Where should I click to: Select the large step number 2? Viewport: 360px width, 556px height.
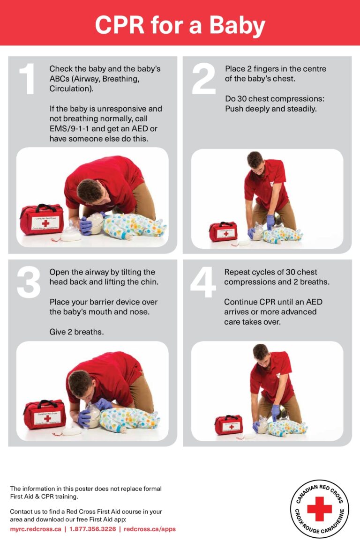204,79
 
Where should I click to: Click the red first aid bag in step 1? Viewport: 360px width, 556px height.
42,219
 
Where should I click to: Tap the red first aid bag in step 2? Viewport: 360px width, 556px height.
223,231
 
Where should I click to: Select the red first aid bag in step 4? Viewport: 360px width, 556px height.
229,424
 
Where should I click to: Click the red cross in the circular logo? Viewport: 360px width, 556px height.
319,509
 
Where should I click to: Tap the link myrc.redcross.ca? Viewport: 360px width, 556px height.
36,529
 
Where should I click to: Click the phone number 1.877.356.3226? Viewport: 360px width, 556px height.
92,529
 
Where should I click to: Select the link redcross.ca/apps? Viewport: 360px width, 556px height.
150,529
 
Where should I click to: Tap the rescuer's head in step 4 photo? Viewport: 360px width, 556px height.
261,352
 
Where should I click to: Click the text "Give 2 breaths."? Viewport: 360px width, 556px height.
77,332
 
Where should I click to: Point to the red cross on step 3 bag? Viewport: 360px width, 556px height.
47,419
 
